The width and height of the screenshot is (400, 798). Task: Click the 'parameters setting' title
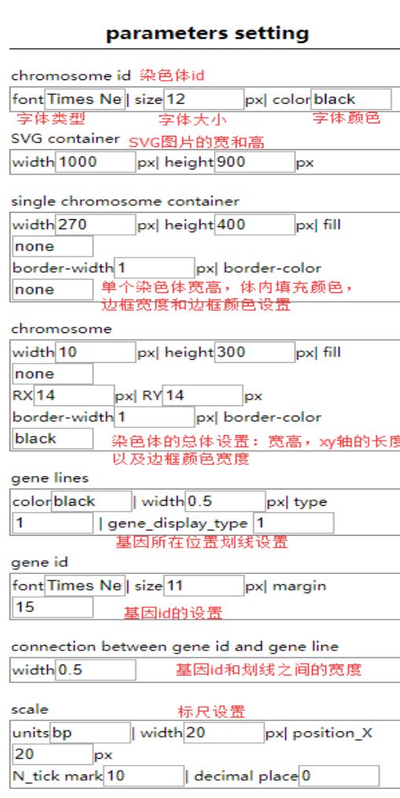click(x=207, y=33)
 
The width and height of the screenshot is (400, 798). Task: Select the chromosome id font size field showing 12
click(x=204, y=99)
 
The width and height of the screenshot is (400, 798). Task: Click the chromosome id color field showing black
click(x=351, y=99)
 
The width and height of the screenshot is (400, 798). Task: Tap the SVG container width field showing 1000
click(x=95, y=163)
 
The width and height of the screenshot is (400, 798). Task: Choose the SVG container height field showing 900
click(x=255, y=163)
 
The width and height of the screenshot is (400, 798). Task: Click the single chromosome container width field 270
click(x=95, y=225)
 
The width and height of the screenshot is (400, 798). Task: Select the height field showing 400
click(x=255, y=225)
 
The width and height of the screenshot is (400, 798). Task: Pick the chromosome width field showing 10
click(x=95, y=352)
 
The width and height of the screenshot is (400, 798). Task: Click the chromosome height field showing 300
click(x=255, y=352)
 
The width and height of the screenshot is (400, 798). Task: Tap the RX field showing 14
click(x=75, y=395)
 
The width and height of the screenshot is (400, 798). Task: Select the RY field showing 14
click(x=203, y=395)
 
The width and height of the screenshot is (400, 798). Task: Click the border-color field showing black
click(x=53, y=439)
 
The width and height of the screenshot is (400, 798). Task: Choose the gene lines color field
click(x=92, y=502)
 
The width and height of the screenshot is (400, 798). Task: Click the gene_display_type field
click(x=294, y=523)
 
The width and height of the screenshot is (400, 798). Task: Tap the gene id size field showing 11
click(x=204, y=586)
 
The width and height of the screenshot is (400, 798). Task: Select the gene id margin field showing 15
click(x=53, y=607)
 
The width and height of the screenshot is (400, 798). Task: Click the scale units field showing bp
click(x=90, y=733)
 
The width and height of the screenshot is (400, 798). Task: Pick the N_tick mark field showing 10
click(x=144, y=776)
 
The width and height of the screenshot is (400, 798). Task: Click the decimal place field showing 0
click(x=339, y=776)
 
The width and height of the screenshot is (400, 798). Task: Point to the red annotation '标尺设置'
click(x=211, y=711)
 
